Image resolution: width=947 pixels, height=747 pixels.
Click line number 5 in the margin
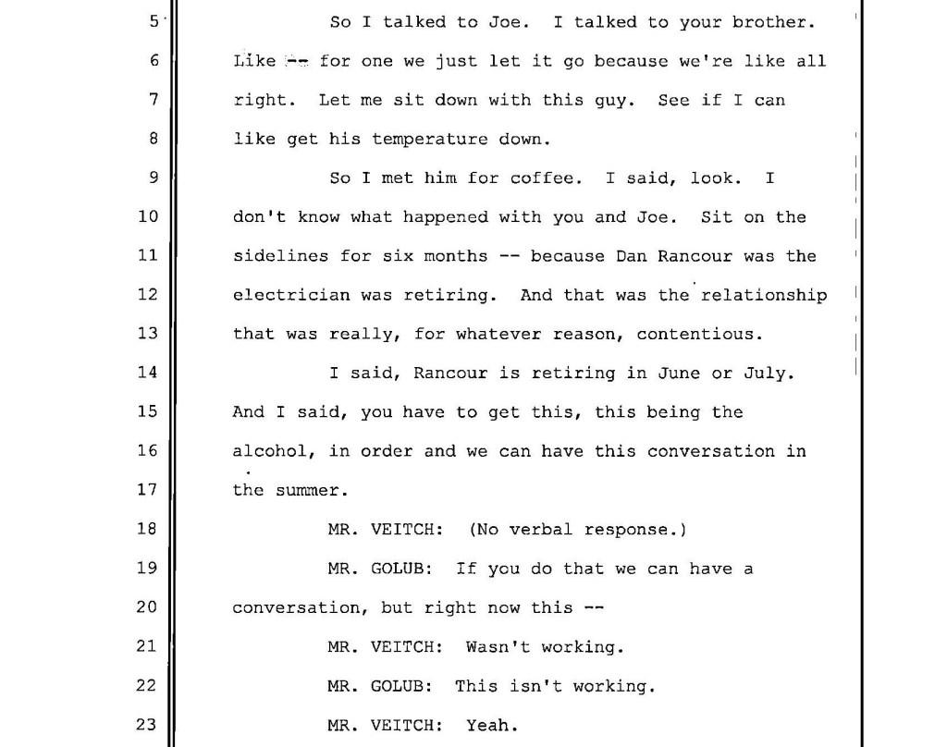click(153, 22)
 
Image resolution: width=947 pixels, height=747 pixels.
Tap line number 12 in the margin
click(148, 296)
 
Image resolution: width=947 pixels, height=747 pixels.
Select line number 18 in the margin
click(148, 530)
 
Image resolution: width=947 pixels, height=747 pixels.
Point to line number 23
click(148, 725)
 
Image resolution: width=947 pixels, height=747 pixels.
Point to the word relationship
click(766, 296)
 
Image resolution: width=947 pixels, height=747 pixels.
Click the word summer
click(307, 491)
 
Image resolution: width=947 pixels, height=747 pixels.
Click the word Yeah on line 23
click(487, 725)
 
